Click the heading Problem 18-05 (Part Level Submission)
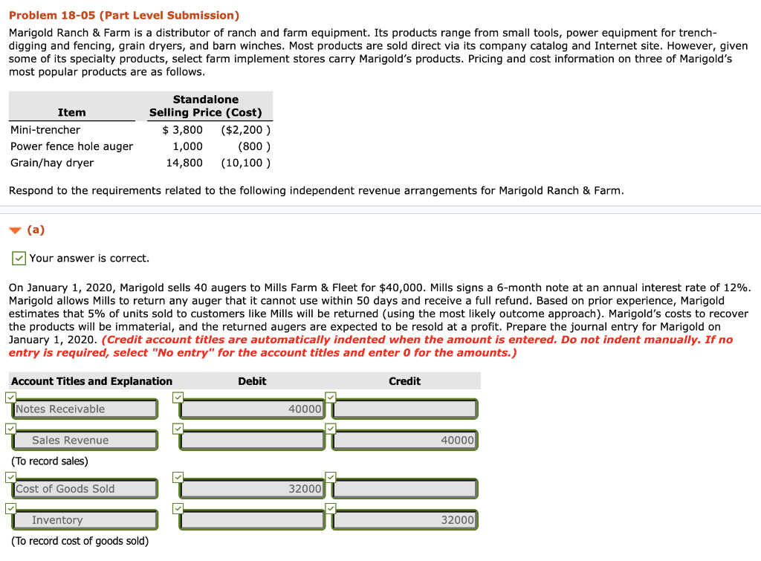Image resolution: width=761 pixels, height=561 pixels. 124,15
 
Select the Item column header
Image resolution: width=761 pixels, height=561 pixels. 71,112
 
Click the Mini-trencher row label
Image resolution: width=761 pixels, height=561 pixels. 45,130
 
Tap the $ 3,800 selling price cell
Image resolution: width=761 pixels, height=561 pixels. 182,130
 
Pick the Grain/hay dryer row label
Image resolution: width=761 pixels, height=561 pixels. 52,163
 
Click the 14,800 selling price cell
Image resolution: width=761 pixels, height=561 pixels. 184,163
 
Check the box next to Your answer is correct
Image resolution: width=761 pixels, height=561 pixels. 19,259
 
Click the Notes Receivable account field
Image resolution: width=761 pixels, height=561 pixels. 85,409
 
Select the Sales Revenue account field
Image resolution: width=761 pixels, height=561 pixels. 85,440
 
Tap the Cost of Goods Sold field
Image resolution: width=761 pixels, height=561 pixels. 85,488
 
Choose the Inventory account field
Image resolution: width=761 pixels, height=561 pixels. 85,520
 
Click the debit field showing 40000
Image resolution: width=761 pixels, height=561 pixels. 253,409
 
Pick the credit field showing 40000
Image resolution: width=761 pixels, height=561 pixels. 405,440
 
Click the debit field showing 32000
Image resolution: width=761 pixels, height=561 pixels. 253,488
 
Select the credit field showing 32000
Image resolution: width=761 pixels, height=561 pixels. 405,520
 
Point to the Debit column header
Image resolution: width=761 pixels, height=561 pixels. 252,381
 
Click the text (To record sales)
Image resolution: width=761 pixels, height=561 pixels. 50,461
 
